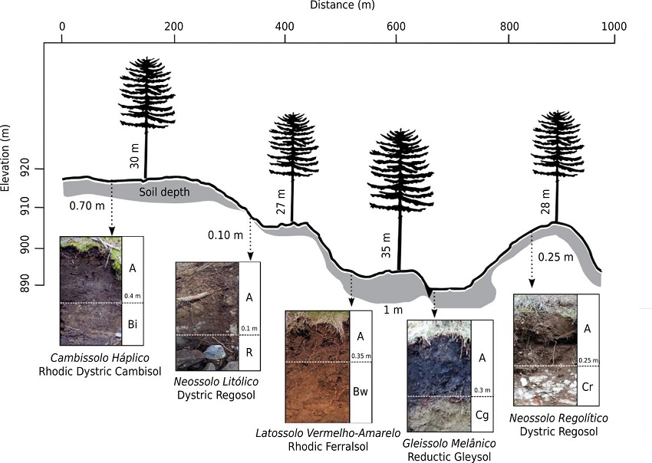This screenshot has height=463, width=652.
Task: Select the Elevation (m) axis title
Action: [x=6, y=158]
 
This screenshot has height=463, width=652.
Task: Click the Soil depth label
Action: [x=163, y=192]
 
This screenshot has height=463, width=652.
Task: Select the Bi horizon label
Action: [x=132, y=325]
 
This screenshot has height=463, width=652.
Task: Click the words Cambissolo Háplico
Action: [x=99, y=358]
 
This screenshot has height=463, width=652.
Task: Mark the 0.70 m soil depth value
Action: [x=84, y=205]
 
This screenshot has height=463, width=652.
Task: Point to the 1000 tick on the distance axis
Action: [x=614, y=26]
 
